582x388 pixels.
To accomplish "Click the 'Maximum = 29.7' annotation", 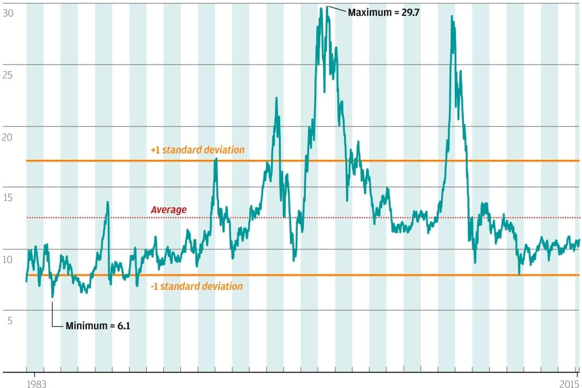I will (x=383, y=13).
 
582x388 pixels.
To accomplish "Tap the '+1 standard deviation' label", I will (x=197, y=150).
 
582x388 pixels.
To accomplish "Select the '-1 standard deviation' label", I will (x=196, y=286).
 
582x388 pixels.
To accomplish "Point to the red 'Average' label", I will (x=168, y=210).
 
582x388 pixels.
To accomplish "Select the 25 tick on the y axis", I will (x=8, y=74).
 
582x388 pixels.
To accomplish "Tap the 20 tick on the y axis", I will (x=8, y=136).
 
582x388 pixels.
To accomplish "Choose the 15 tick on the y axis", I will (x=8, y=197).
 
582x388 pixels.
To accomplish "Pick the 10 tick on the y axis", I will (x=8, y=260).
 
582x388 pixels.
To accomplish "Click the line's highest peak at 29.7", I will (x=327, y=7).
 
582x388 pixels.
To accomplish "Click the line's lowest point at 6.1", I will (x=52, y=297).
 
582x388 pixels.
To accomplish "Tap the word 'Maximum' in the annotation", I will (x=368, y=13).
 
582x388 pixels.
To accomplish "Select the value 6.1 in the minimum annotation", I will (x=123, y=326).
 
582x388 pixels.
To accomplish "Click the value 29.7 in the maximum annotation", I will (x=410, y=13).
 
